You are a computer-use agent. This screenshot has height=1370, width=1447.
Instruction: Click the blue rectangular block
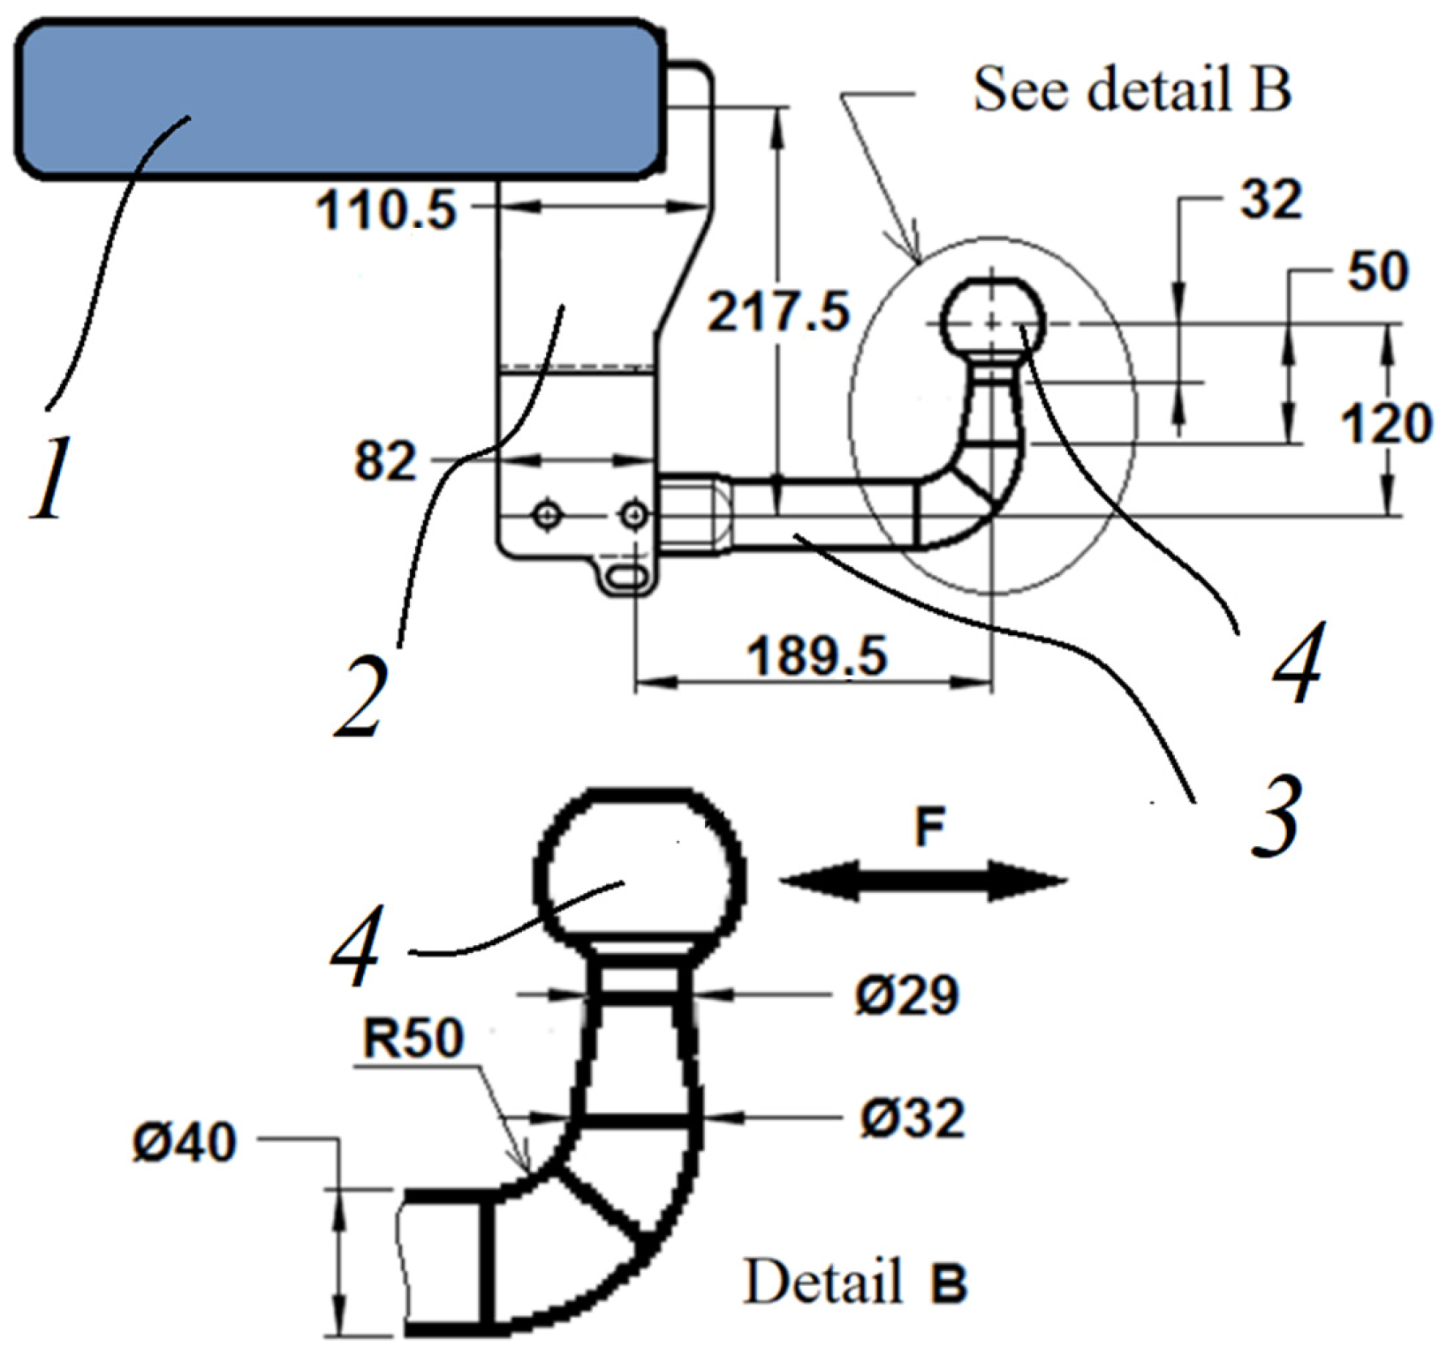[336, 99]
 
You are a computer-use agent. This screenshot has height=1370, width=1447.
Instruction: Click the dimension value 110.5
[386, 212]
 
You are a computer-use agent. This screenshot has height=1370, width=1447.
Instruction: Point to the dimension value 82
[384, 461]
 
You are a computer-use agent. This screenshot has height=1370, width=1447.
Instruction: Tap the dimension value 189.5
[816, 656]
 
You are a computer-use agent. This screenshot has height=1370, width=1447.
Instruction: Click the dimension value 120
[1385, 423]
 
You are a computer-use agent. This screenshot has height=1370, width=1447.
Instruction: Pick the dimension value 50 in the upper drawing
[1376, 271]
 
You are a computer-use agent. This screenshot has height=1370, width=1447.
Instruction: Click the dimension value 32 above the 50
[1270, 200]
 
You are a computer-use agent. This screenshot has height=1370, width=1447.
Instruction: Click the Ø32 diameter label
[912, 1118]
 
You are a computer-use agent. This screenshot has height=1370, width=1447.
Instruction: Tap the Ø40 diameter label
[185, 1142]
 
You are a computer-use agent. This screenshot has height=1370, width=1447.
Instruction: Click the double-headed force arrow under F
[924, 881]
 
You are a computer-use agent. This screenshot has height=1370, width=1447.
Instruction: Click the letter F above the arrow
[929, 828]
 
